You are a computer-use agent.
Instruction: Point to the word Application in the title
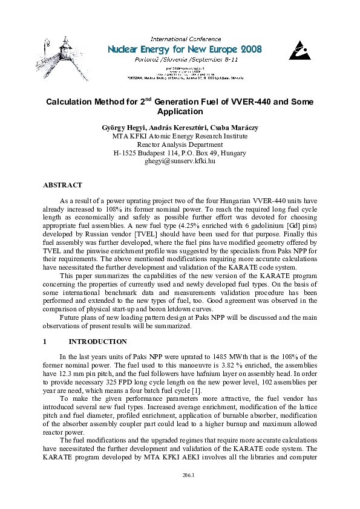tap(180, 112)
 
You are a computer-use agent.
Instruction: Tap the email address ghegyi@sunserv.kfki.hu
tap(180, 161)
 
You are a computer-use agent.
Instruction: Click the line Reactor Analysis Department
tap(180, 144)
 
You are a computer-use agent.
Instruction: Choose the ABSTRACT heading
tap(62, 185)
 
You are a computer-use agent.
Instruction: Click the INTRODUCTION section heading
tap(97, 342)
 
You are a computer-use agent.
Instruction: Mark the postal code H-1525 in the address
tap(126, 153)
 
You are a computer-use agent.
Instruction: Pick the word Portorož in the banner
tap(147, 60)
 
